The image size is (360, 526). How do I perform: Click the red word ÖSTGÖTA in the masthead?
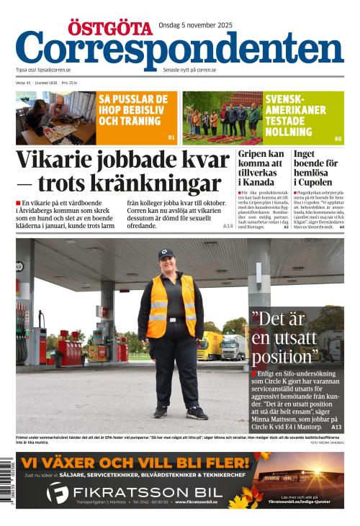click(110, 28)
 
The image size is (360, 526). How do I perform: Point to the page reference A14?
click(228, 226)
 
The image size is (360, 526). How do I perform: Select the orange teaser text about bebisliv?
click(133, 110)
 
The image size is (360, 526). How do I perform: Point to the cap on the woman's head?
click(166, 254)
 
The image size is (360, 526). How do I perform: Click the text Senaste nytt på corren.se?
click(189, 70)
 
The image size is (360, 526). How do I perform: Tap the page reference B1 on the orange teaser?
click(171, 137)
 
